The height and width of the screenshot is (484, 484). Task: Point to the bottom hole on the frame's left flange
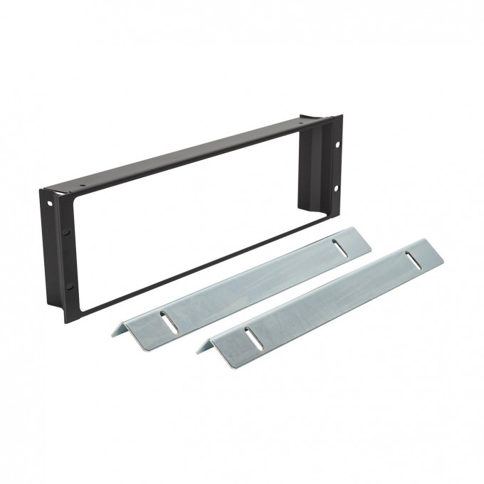(69, 287)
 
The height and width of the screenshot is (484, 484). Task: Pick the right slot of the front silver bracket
(411, 258)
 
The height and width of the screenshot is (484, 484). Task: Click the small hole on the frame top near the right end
(300, 125)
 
